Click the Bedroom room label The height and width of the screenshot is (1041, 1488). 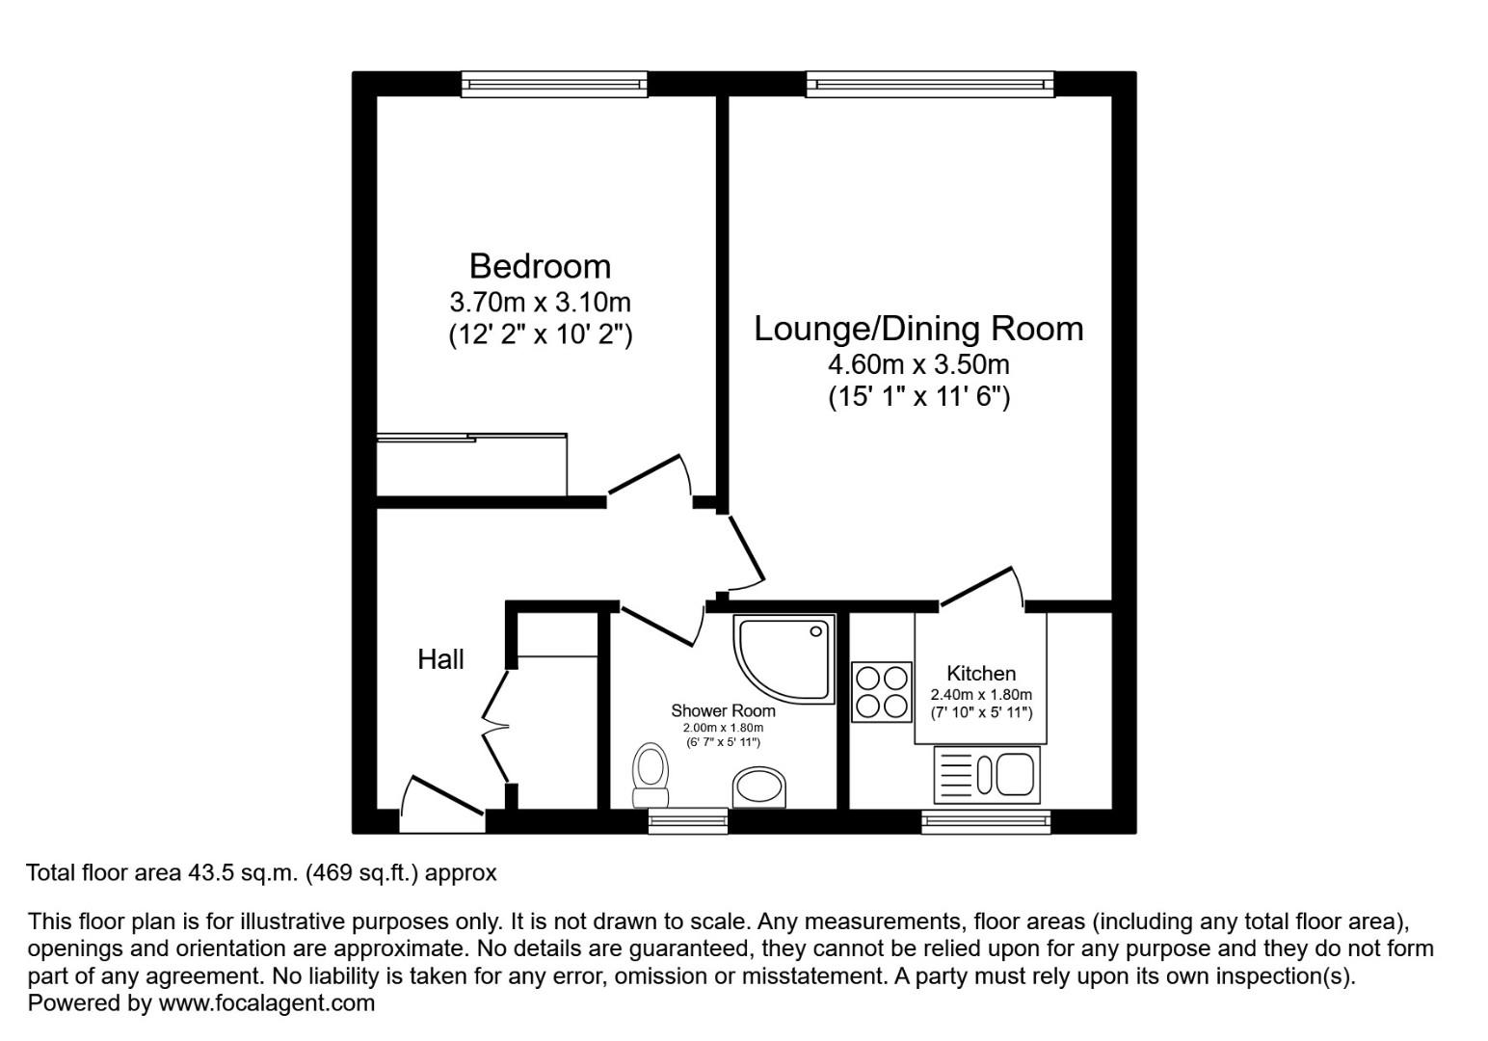(x=540, y=266)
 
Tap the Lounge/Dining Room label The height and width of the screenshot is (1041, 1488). (x=918, y=329)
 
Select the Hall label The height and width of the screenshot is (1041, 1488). (x=440, y=659)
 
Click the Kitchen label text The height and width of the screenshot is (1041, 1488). (x=981, y=674)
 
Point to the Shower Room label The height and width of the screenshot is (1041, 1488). (x=724, y=710)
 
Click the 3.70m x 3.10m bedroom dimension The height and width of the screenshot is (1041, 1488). (x=540, y=303)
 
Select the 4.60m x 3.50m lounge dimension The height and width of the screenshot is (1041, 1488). (x=918, y=364)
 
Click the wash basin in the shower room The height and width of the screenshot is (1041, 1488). (x=759, y=787)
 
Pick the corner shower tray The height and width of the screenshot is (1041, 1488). (x=784, y=658)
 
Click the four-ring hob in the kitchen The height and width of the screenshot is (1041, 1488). (x=882, y=691)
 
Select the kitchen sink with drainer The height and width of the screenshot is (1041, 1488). (x=987, y=775)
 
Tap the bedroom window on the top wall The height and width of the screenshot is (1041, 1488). (x=554, y=85)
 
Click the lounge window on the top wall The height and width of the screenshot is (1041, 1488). (x=930, y=85)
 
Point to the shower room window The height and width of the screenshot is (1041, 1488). (x=688, y=821)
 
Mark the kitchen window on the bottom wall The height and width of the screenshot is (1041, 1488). (x=986, y=821)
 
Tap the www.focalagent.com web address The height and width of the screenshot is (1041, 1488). (x=266, y=1002)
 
